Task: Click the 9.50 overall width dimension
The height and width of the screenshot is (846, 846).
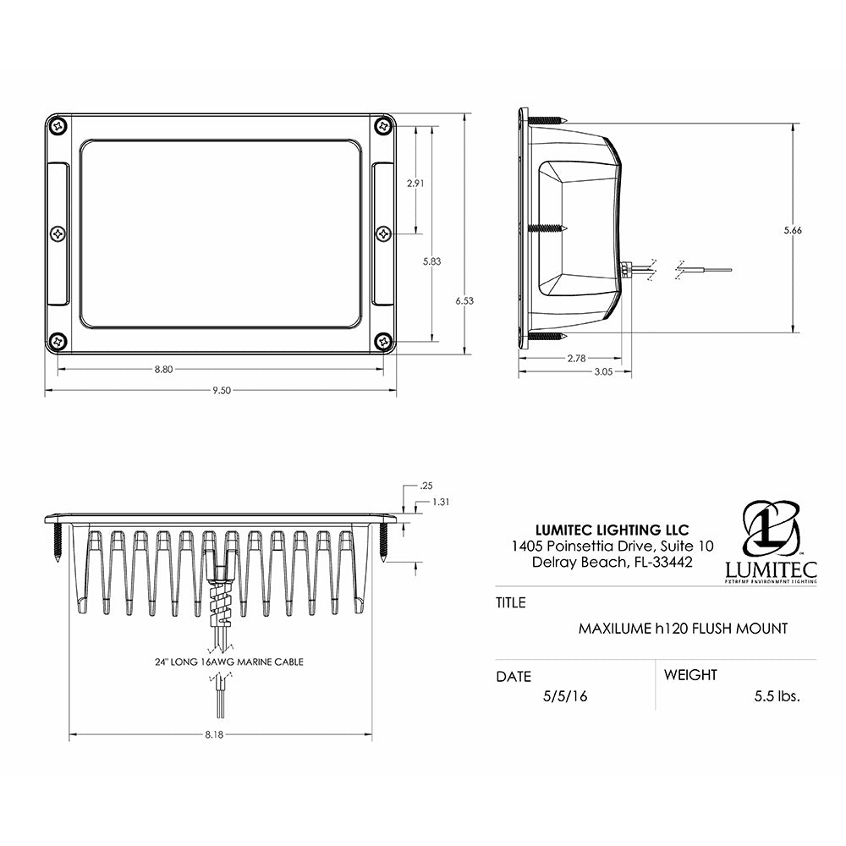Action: (221, 390)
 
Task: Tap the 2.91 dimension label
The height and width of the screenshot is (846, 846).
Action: (415, 183)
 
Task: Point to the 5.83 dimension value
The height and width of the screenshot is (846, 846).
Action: (431, 261)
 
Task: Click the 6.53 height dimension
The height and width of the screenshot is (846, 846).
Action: (464, 300)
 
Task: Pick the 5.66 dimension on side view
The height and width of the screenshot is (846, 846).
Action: (792, 230)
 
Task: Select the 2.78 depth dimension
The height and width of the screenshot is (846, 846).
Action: (576, 358)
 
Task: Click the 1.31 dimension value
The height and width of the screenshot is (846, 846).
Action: (440, 502)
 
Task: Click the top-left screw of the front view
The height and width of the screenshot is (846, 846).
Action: (58, 125)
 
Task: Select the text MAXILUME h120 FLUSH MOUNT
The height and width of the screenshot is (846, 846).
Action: (683, 629)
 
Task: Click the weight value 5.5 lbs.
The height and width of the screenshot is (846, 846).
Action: (777, 696)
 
